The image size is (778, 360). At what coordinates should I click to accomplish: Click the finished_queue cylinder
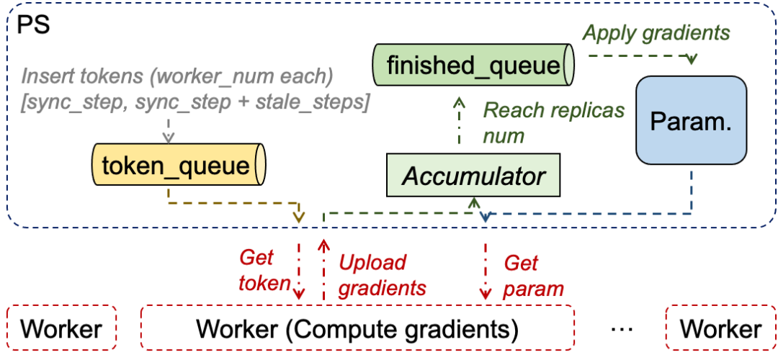click(x=473, y=66)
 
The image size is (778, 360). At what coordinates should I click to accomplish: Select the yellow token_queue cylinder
click(x=179, y=166)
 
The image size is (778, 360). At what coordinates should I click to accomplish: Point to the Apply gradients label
click(x=656, y=33)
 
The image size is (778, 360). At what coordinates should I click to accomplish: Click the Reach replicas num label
click(x=553, y=122)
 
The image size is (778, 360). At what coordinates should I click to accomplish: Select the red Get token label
click(x=264, y=270)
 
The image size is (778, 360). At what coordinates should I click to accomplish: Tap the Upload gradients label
click(x=382, y=275)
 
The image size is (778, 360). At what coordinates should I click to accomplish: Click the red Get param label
click(x=533, y=275)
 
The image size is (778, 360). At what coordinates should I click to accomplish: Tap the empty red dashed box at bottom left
click(x=61, y=327)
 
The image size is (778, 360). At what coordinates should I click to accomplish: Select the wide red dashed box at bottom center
click(x=357, y=327)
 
